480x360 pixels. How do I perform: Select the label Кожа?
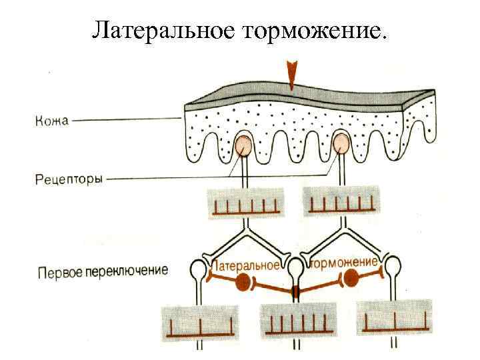point(51,121)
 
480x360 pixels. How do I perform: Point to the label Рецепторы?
point(68,178)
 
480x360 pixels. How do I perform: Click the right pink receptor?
point(341,143)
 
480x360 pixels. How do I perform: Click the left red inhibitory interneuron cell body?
point(245,281)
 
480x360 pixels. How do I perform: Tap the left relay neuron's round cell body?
point(199,270)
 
